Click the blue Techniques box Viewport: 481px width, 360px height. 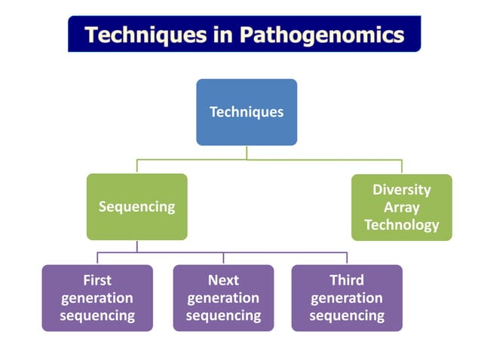[x=247, y=112]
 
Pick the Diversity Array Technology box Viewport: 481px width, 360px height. [x=401, y=207]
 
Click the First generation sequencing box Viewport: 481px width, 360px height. [x=97, y=298]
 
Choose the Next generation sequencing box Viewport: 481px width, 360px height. [x=223, y=298]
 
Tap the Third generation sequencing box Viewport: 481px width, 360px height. [x=347, y=298]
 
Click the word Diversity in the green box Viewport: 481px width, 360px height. [x=401, y=190]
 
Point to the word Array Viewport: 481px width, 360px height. [x=401, y=207]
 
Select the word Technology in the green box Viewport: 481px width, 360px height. [x=401, y=224]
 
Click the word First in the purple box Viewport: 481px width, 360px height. [x=97, y=280]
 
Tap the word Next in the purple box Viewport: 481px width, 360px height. [x=223, y=280]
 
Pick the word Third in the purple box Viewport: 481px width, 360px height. [x=347, y=280]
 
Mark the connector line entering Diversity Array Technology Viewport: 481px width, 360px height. [x=401, y=167]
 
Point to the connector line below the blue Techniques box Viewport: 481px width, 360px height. [x=247, y=152]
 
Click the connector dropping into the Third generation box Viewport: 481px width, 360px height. [x=347, y=258]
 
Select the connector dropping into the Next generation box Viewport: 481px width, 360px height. [x=223, y=258]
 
